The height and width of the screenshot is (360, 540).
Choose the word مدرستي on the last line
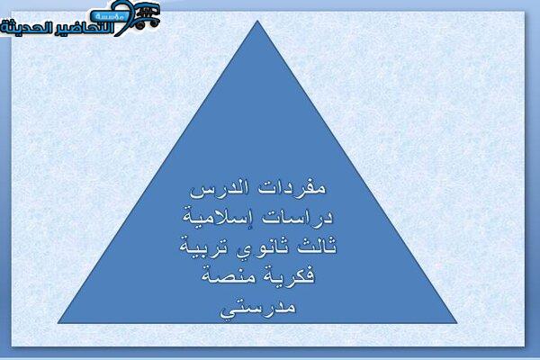point(258,308)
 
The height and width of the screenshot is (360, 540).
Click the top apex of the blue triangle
point(257,21)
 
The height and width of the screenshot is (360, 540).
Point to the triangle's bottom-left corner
point(58,323)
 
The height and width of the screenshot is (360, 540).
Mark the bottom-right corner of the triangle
point(456,323)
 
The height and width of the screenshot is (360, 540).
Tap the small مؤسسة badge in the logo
point(110,16)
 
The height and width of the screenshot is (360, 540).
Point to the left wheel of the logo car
point(140,25)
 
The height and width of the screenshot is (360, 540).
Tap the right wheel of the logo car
point(154,22)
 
